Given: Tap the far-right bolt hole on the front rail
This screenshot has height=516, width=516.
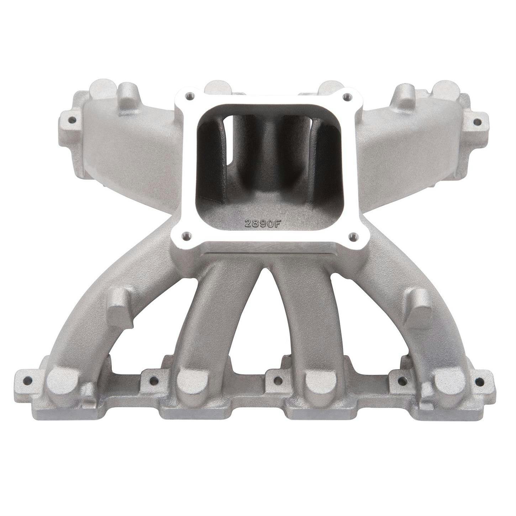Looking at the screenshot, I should (x=479, y=382).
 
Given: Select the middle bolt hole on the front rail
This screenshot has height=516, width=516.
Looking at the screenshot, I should (x=278, y=380).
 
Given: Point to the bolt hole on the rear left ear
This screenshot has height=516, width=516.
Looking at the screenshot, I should (x=72, y=120).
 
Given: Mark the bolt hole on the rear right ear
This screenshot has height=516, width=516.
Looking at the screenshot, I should (x=477, y=122).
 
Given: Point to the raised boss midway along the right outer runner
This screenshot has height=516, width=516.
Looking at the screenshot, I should (x=419, y=307).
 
